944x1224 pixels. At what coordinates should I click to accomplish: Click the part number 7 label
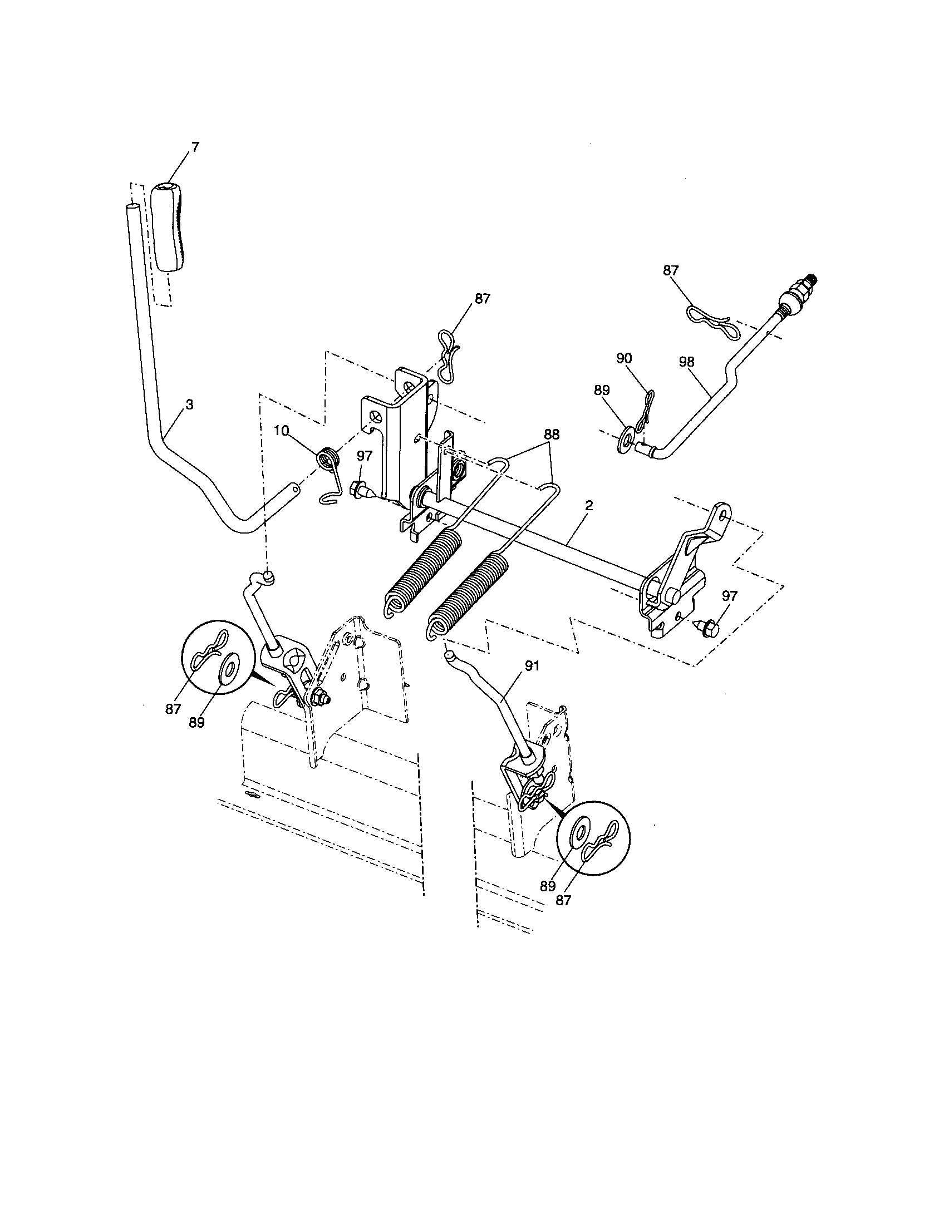(x=195, y=147)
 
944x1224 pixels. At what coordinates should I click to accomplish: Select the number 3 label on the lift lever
(x=189, y=404)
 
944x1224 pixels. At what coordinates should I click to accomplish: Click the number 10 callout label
(x=282, y=431)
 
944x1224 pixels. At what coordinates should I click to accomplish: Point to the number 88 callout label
(x=551, y=434)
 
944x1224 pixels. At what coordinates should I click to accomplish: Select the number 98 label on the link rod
(x=686, y=362)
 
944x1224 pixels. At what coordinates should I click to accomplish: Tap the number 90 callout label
(x=624, y=358)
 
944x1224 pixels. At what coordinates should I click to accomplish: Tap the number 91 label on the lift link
(x=532, y=665)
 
